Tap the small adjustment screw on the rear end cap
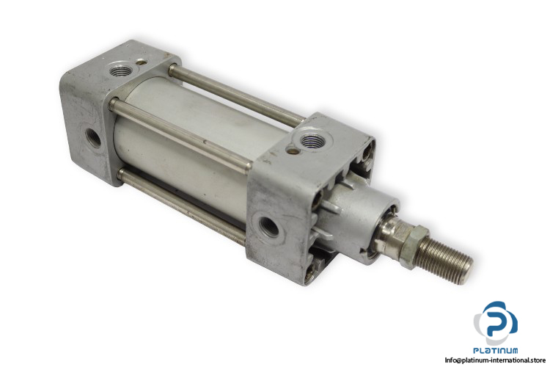pyautogui.click(x=142, y=63)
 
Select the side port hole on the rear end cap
pyautogui.click(x=92, y=137)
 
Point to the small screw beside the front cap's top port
pyautogui.click(x=290, y=151)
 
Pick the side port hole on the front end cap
pyautogui.click(x=268, y=228)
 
